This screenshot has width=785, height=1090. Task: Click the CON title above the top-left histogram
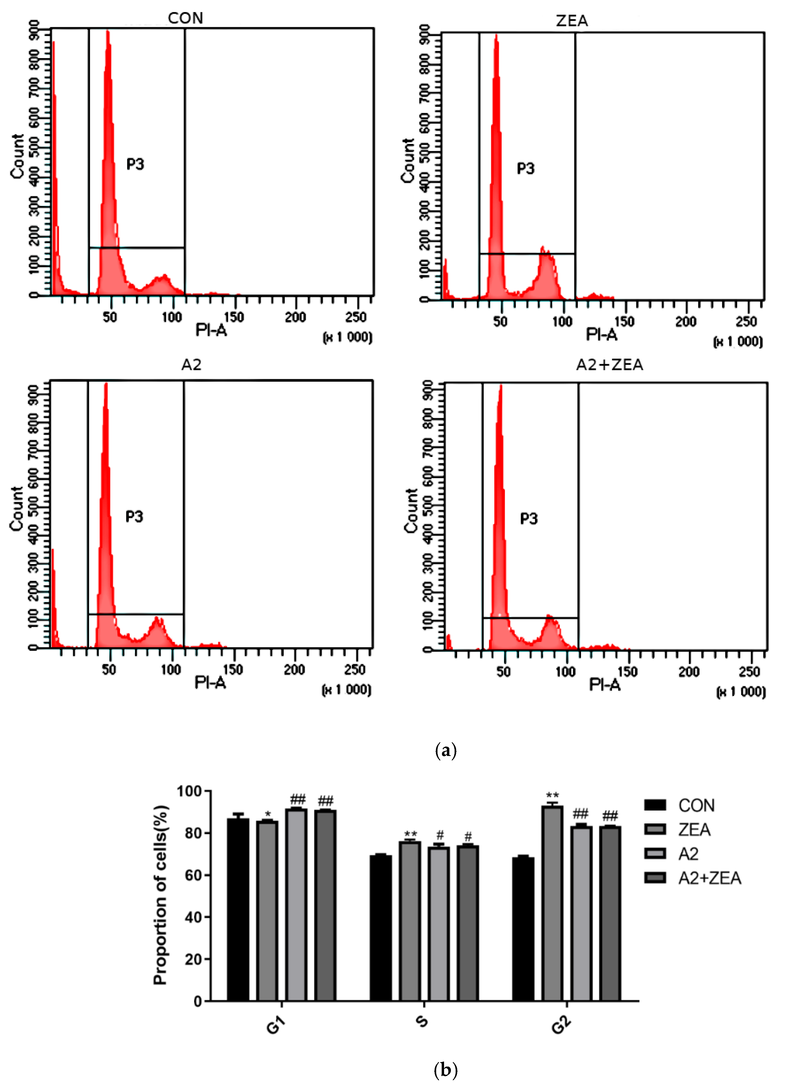click(185, 18)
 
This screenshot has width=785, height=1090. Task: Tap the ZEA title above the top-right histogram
click(572, 21)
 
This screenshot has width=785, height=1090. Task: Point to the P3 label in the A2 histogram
click(134, 517)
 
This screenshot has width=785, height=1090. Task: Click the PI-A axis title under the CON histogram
click(211, 330)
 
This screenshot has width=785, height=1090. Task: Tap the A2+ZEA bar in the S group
click(467, 923)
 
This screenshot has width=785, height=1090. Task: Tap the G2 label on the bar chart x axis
click(561, 1025)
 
